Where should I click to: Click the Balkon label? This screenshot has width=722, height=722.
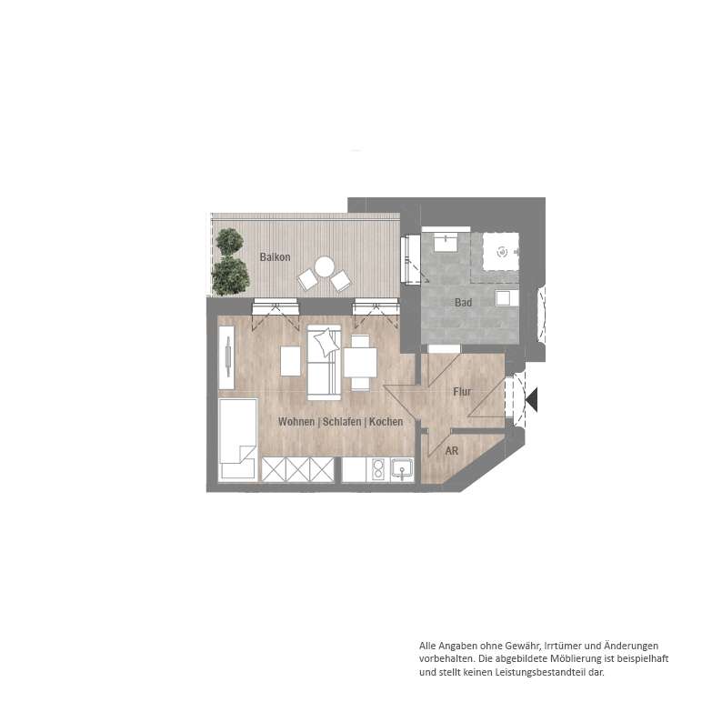[x=275, y=257]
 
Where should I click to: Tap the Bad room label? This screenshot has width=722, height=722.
[x=463, y=303]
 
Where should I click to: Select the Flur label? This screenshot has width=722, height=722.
[x=462, y=391]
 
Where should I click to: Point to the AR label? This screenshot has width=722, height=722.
[x=452, y=451]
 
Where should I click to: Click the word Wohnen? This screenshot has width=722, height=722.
[x=296, y=422]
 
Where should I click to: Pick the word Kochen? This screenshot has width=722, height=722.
[x=386, y=422]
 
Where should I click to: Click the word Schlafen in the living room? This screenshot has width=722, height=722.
[x=342, y=422]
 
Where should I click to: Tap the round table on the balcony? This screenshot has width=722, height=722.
[x=324, y=267]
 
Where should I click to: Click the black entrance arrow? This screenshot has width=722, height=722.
[x=531, y=400]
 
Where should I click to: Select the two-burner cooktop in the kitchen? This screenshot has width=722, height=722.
[x=377, y=470]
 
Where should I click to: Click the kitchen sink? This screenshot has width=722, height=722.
[x=402, y=470]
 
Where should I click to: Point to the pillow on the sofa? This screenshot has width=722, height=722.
[x=326, y=342]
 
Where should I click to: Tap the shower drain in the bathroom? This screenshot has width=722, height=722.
[x=501, y=251]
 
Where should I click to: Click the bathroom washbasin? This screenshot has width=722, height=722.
[x=446, y=242]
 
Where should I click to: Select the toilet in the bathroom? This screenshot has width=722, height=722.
[x=507, y=298]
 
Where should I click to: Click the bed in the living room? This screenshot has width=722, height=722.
[x=237, y=440]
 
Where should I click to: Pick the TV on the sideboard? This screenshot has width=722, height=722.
[x=227, y=356]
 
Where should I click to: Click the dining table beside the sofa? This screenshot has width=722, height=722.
[x=360, y=363]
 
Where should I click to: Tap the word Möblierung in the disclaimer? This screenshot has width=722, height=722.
[x=576, y=659]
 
